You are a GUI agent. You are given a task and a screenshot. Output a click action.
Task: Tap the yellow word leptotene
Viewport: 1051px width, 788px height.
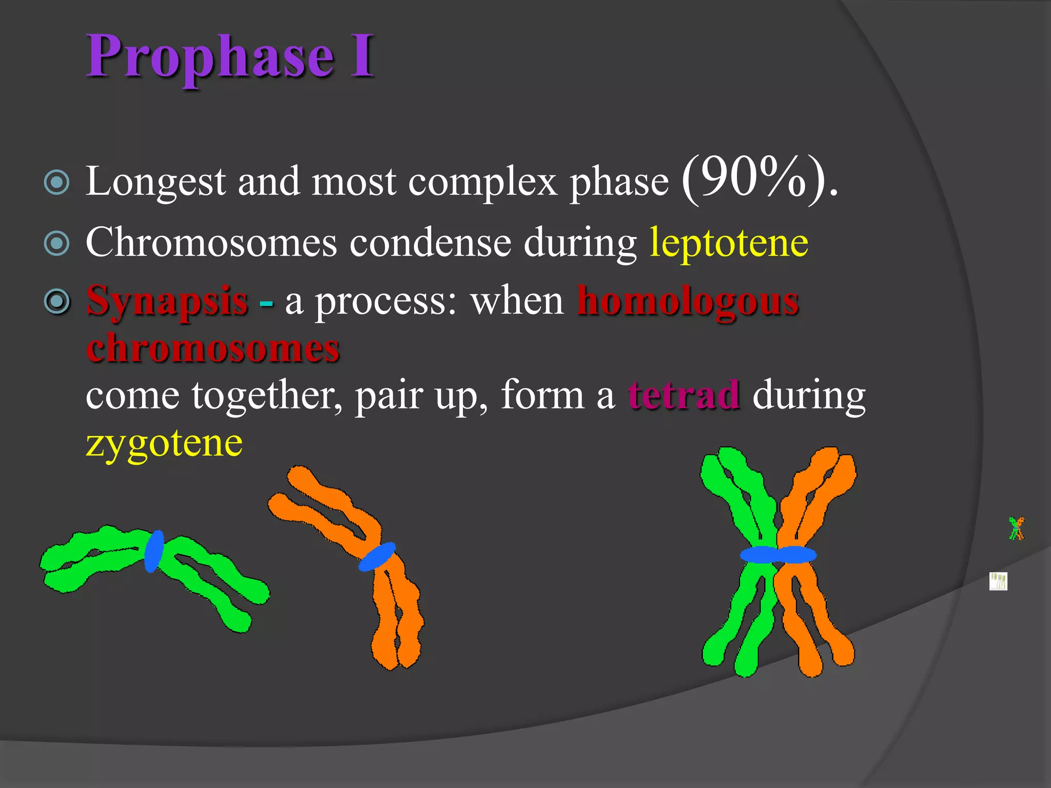(x=729, y=243)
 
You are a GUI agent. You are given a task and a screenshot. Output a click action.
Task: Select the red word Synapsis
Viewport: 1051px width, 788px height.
(x=167, y=302)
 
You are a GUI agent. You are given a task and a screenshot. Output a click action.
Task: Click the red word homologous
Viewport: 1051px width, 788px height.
(x=688, y=302)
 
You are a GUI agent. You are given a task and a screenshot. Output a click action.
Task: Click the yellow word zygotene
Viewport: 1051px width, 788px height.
(x=164, y=443)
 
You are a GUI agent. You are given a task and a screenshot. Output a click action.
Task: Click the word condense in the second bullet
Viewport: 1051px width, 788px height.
(x=430, y=243)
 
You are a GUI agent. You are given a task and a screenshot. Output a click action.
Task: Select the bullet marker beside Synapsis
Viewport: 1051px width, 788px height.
(x=57, y=302)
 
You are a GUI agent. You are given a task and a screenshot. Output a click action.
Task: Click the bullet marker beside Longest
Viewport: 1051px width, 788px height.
(x=57, y=182)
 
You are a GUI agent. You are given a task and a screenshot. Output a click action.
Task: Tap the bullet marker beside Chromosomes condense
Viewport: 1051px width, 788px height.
(x=57, y=243)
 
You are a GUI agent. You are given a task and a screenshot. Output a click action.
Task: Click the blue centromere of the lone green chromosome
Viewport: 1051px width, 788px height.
(x=153, y=551)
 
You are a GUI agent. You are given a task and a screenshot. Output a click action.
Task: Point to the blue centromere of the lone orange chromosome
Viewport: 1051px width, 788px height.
(x=377, y=557)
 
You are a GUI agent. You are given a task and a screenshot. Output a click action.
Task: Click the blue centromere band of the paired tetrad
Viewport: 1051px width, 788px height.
(x=778, y=555)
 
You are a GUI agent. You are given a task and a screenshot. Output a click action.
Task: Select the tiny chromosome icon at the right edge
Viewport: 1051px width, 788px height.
(x=1016, y=528)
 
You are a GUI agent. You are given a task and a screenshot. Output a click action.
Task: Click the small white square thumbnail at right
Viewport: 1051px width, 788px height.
(x=998, y=581)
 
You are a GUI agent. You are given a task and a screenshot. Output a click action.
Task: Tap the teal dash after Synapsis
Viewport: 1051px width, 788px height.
(x=266, y=304)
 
